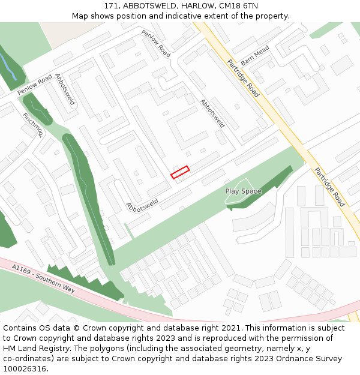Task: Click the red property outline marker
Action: (x=180, y=172)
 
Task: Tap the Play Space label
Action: (x=243, y=191)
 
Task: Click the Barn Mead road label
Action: (x=255, y=58)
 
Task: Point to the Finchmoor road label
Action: (x=32, y=125)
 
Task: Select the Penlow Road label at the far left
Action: (x=35, y=85)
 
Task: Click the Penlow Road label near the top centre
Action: (x=156, y=43)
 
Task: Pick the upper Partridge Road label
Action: (x=243, y=78)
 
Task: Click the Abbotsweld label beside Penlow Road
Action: (x=65, y=89)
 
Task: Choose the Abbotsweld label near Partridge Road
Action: (x=212, y=113)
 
